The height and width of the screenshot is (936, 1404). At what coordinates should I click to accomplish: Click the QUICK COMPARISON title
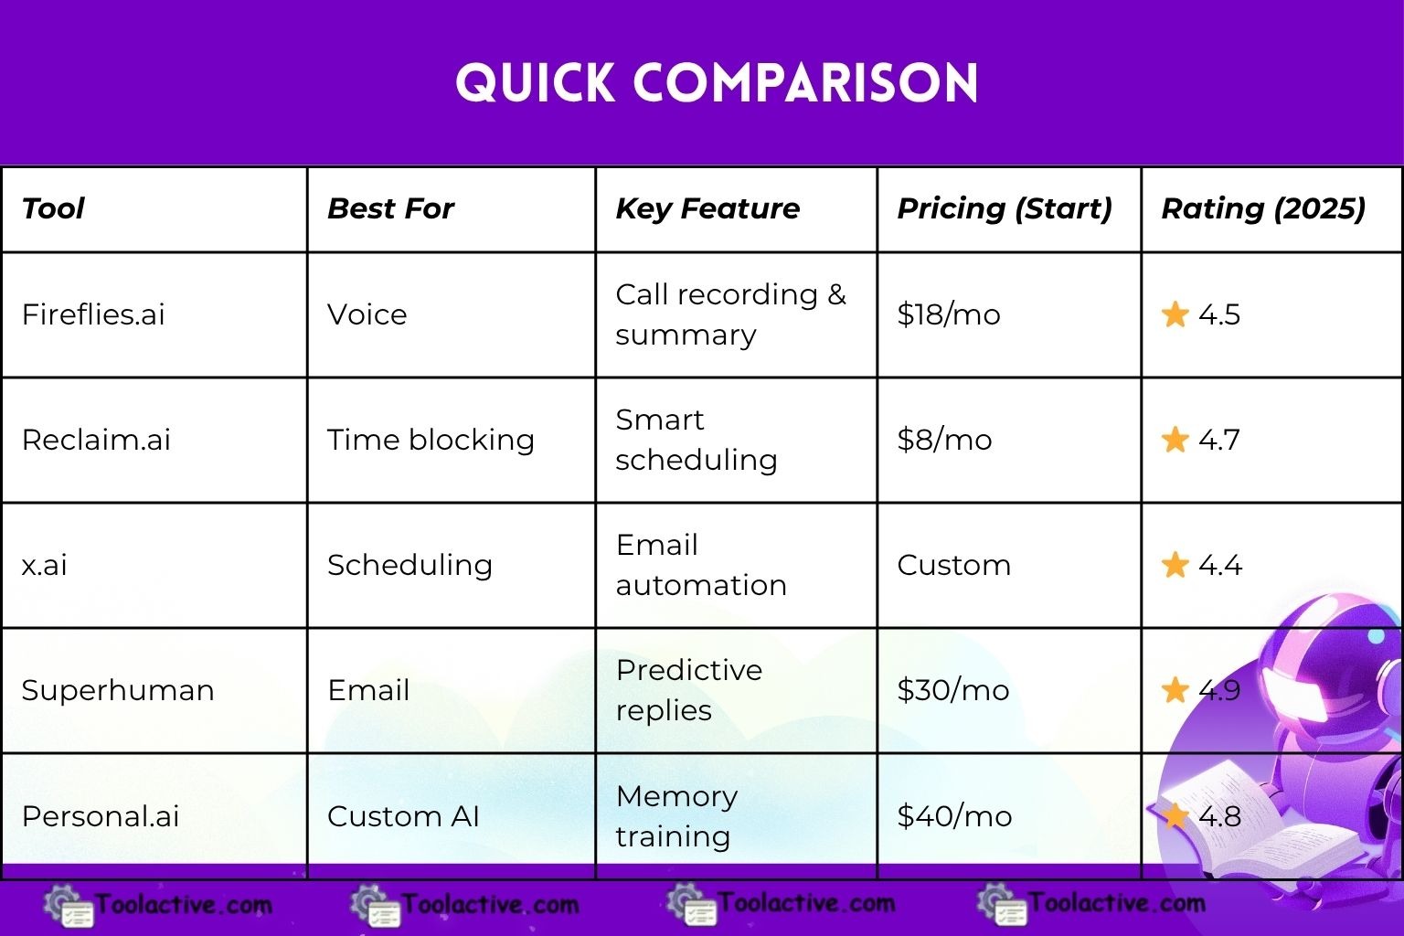pyautogui.click(x=717, y=83)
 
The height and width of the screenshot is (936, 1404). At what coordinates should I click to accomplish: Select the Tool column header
pyautogui.click(x=53, y=208)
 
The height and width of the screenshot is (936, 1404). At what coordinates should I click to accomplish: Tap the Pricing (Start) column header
pyautogui.click(x=1005, y=208)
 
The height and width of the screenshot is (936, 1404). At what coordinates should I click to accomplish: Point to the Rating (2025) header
pyautogui.click(x=1263, y=208)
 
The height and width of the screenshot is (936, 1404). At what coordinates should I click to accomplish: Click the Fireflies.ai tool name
pyautogui.click(x=93, y=314)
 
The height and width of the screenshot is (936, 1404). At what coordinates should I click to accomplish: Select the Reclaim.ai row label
pyautogui.click(x=96, y=440)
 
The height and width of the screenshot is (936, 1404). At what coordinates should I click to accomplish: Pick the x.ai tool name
pyautogui.click(x=44, y=566)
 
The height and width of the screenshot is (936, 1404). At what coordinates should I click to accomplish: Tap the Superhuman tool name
pyautogui.click(x=118, y=690)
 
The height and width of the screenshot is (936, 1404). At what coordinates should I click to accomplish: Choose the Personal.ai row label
pyautogui.click(x=101, y=816)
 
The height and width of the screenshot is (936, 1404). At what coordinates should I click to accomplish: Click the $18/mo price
pyautogui.click(x=948, y=314)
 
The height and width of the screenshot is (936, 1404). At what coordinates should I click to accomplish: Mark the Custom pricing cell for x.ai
pyautogui.click(x=954, y=566)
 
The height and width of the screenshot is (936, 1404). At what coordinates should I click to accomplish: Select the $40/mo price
pyautogui.click(x=954, y=816)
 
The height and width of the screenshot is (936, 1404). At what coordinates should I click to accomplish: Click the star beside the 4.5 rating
pyautogui.click(x=1175, y=314)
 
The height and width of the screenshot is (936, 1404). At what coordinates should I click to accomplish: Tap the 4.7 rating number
pyautogui.click(x=1219, y=440)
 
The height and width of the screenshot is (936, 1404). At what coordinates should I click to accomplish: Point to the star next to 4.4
pyautogui.click(x=1175, y=565)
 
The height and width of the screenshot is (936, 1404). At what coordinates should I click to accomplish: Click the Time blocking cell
pyautogui.click(x=431, y=440)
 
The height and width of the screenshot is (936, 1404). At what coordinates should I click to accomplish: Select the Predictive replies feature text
pyautogui.click(x=689, y=690)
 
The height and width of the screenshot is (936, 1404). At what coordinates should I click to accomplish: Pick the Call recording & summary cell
pyautogui.click(x=731, y=314)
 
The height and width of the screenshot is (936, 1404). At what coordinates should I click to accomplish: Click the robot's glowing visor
pyautogui.click(x=1295, y=693)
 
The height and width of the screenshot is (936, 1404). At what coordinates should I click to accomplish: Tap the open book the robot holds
pyautogui.click(x=1253, y=821)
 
